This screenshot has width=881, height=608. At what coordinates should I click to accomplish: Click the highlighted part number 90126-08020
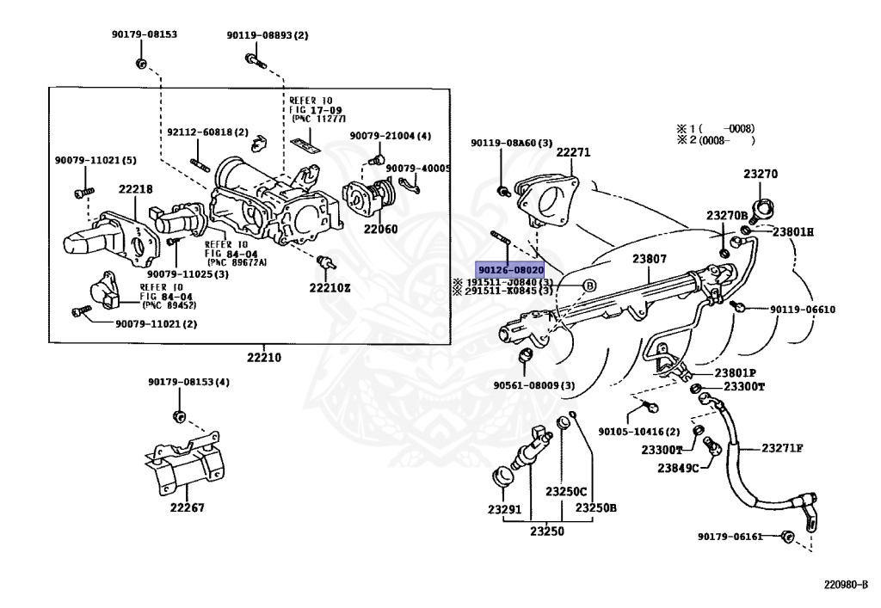[510, 269]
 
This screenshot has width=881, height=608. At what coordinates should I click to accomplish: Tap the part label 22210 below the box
[264, 357]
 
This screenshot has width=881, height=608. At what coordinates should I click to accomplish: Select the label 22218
[135, 189]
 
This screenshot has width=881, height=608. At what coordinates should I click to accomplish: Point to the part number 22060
[380, 230]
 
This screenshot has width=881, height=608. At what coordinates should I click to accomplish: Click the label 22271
[573, 152]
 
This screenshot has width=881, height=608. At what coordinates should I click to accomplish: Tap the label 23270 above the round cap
[761, 174]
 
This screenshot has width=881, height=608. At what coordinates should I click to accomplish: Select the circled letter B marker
[590, 286]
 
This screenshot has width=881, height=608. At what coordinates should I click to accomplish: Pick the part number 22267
[187, 507]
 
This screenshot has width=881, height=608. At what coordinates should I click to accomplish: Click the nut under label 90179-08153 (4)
[179, 417]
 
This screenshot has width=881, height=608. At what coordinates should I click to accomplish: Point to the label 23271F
[782, 447]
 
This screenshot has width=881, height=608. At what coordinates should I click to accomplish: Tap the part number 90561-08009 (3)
[534, 385]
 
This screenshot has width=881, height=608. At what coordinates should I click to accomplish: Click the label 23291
[505, 509]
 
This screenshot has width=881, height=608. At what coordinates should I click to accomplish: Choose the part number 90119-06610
[802, 310]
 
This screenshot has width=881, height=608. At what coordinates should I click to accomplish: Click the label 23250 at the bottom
[546, 531]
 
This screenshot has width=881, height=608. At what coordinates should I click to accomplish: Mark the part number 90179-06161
[730, 537]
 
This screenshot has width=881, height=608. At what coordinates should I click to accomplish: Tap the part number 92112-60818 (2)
[207, 132]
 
